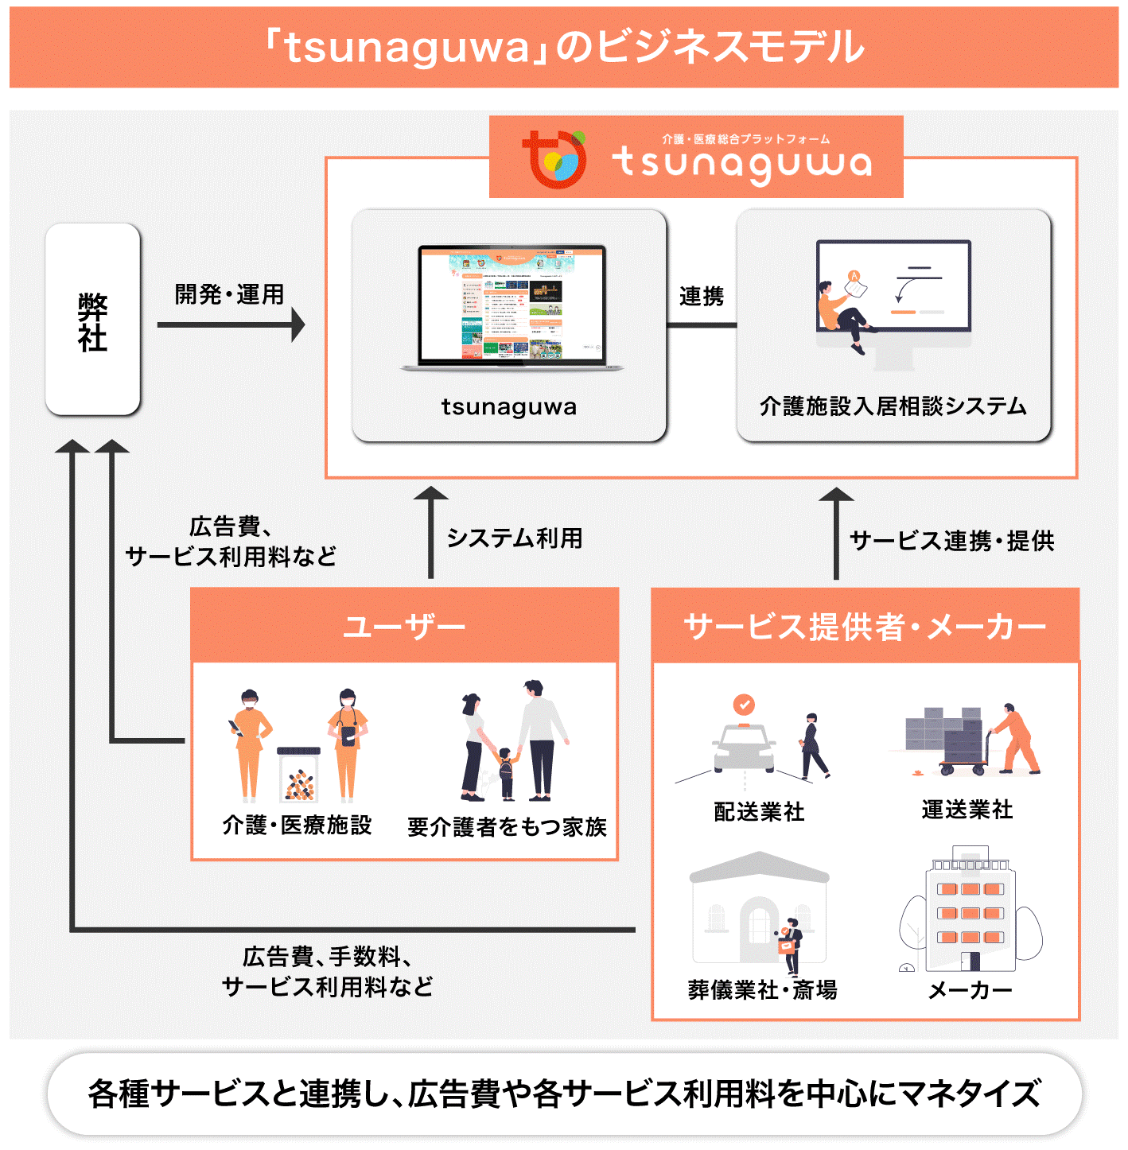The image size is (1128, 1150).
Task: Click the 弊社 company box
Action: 93,319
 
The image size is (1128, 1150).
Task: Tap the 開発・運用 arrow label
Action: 229,294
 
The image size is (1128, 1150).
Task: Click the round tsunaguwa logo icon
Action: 554,159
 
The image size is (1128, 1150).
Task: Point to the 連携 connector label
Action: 701,297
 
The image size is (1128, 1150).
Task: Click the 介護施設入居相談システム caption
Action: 893,406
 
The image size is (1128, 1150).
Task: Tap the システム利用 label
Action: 515,538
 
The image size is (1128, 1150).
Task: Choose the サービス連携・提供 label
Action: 951,541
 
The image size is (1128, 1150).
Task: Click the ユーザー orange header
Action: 404,626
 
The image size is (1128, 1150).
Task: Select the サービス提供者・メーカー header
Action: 865,626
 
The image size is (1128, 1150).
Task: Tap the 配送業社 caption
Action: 759,811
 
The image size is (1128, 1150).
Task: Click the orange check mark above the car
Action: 743,704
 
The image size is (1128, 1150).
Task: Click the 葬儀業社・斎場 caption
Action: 762,989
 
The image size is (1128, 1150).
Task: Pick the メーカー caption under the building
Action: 970,990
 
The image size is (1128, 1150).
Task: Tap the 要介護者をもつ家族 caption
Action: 507,827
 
